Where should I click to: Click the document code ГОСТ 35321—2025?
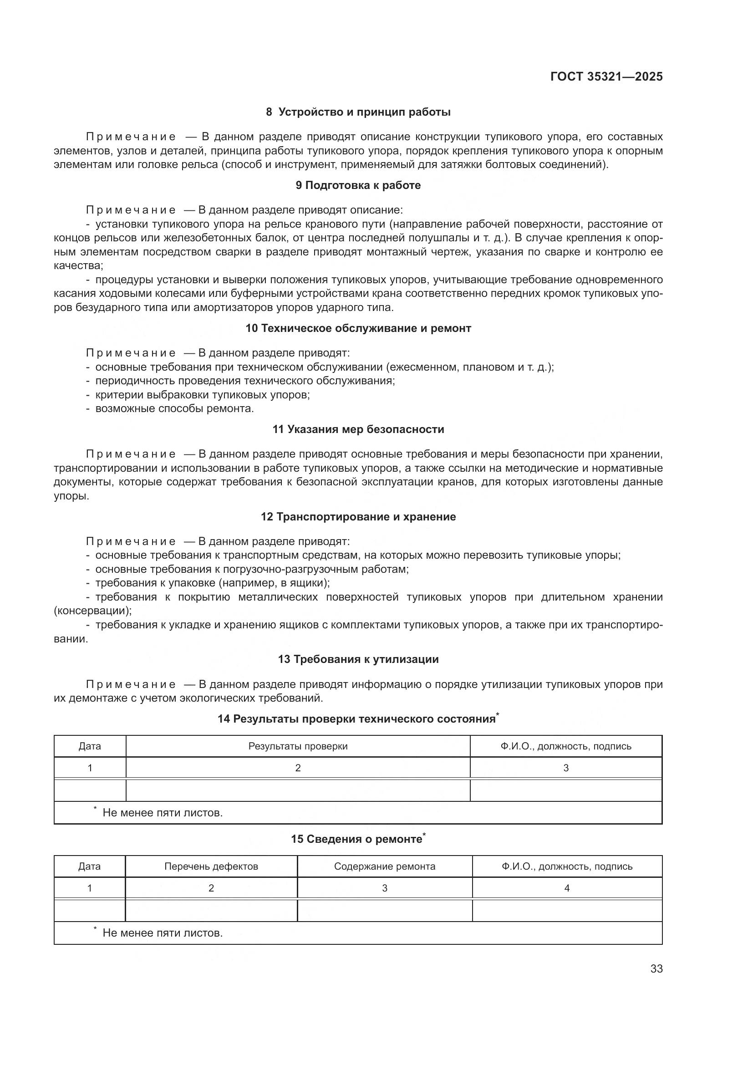point(606,76)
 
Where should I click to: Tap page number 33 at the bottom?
point(656,969)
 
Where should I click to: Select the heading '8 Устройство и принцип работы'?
point(358,112)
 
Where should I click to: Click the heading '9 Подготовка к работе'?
point(358,185)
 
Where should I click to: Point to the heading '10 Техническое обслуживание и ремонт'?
point(358,328)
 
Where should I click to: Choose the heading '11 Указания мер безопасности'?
point(358,429)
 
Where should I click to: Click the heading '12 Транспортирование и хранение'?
point(358,516)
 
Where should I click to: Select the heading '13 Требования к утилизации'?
point(358,659)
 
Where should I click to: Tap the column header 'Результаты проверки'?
point(298,746)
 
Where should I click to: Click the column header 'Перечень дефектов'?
point(211,866)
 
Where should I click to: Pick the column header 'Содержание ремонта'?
point(384,866)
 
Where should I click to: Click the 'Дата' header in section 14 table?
point(90,746)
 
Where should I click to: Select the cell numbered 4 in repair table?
point(567,888)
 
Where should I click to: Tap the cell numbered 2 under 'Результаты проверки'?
point(298,768)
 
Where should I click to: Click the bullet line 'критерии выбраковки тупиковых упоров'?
point(202,395)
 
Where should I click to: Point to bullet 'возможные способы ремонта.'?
point(174,408)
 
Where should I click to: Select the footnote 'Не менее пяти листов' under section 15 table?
point(162,933)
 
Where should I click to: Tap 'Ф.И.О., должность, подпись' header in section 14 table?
point(566,746)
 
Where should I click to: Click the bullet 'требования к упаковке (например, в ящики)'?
point(212,583)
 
